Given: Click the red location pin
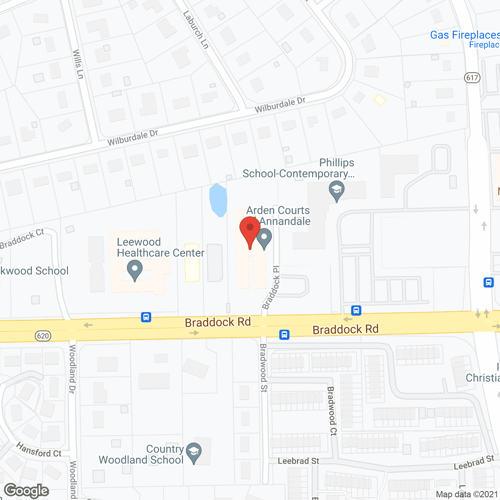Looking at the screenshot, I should [x=250, y=230].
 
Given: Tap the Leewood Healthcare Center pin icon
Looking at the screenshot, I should [x=135, y=270].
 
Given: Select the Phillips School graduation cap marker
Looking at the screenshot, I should [x=336, y=190].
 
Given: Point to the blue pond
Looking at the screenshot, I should [x=218, y=199].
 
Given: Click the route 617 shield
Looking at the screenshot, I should [x=472, y=77].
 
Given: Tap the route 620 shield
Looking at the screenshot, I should [x=43, y=336].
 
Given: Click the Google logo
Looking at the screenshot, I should [x=27, y=491].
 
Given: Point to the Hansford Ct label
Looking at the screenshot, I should [x=39, y=450].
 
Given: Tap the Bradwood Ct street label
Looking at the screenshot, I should [x=332, y=411].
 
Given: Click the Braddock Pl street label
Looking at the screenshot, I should [x=271, y=287].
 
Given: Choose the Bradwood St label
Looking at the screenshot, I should [x=264, y=368].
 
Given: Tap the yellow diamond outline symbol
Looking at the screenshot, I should [x=380, y=100].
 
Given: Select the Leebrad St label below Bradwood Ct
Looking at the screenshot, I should [x=298, y=461].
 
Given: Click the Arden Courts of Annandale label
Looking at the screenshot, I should [x=278, y=216].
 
